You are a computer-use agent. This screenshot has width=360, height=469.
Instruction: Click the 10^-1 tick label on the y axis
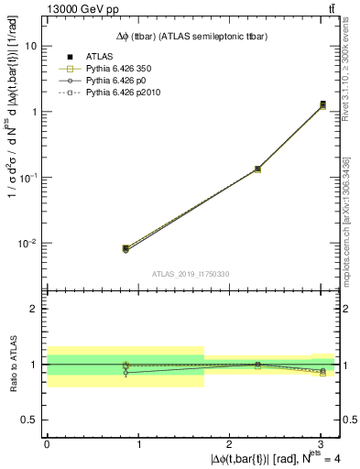click(27, 178)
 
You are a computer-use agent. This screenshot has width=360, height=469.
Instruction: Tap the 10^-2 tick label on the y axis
click(27, 244)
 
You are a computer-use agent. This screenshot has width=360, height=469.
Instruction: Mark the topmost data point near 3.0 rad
click(322, 104)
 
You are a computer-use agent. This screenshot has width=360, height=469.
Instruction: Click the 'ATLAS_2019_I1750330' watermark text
click(191, 274)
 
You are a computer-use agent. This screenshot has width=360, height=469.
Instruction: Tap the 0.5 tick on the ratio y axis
click(32, 420)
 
